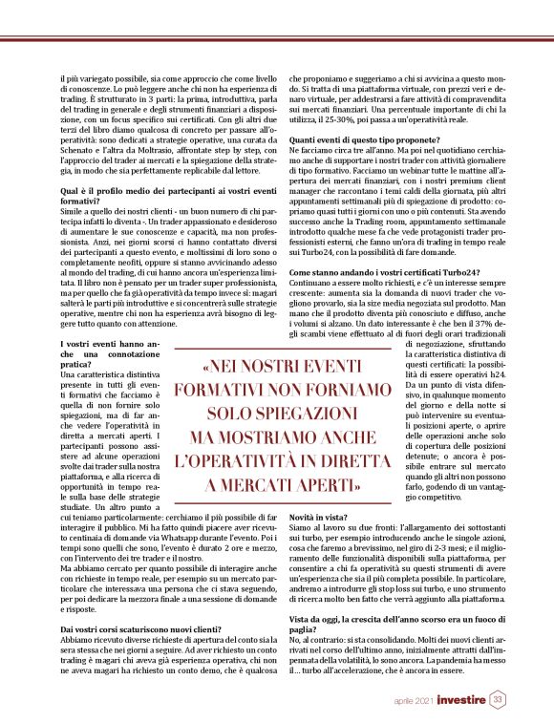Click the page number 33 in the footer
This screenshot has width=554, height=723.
click(x=498, y=701)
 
